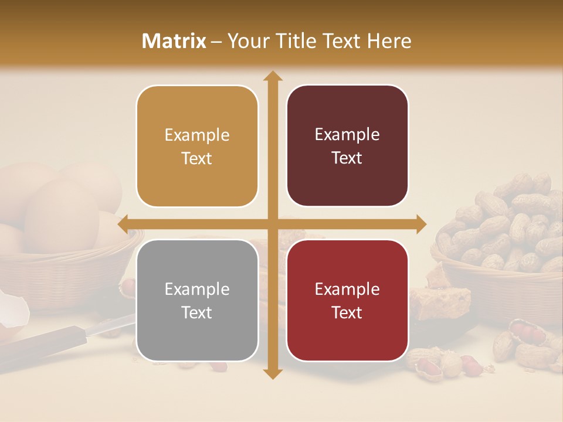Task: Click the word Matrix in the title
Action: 174,41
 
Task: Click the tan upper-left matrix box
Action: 197,146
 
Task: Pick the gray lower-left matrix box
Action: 197,300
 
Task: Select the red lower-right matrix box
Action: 347,300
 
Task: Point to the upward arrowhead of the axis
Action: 272,76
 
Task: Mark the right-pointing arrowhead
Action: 420,224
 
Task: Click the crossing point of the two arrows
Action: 272,224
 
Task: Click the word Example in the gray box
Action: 197,289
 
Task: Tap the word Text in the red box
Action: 347,312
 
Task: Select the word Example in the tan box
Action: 197,135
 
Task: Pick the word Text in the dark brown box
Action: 347,158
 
